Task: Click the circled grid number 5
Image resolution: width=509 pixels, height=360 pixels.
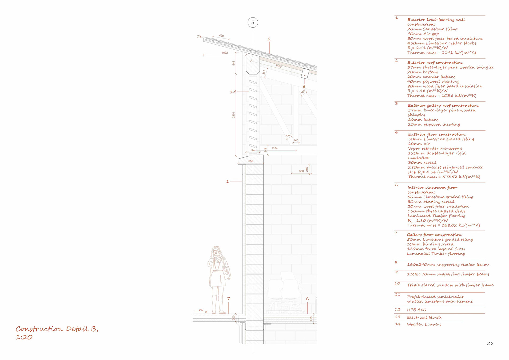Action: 253,23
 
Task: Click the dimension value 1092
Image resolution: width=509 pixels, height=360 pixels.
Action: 225,53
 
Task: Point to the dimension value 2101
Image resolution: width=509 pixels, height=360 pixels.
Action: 234,115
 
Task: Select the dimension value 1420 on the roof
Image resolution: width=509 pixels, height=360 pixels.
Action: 278,66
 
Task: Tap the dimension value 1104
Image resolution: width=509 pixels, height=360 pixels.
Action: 274,148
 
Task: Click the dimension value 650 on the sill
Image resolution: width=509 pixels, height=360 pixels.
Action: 251,161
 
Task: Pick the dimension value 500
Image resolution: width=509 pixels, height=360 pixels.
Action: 301,171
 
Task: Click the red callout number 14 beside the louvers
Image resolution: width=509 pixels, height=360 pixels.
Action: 233,92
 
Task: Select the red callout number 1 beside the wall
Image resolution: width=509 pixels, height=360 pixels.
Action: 227,181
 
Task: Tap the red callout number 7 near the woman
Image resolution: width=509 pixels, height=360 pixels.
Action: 229,299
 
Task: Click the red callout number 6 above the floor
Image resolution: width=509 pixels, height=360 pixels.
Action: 307,299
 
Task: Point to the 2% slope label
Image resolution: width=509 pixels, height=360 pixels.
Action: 201,310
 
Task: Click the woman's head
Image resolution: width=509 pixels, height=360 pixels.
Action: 216,251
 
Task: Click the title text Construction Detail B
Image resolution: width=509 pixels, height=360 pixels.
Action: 57,329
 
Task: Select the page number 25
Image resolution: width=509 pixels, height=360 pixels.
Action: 490,343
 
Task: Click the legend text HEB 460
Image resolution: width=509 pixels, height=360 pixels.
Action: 416,310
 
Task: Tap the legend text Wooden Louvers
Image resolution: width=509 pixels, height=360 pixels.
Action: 424,324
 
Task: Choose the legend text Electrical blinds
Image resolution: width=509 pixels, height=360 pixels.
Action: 424,317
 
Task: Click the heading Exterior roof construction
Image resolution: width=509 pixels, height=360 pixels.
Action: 435,63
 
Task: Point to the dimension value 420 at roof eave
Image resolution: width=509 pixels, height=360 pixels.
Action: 221,36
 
